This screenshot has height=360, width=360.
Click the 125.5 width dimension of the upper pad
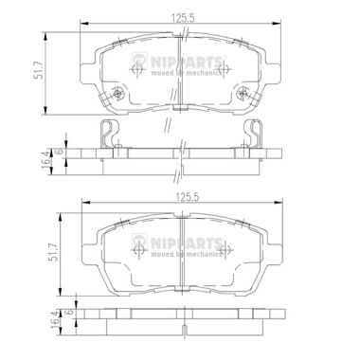pos(184,18)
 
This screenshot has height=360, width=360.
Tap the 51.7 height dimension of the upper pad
pos(39,73)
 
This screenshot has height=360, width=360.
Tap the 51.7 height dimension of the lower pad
pos(53,252)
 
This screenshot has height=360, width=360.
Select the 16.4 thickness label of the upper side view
pos(45,159)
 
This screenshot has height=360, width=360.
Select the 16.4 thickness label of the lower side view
pos(56,319)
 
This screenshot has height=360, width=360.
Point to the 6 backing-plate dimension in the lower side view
pos(71,312)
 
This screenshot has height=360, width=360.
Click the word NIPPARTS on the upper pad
pos(186,62)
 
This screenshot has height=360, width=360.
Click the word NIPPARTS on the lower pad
pos(186,243)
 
